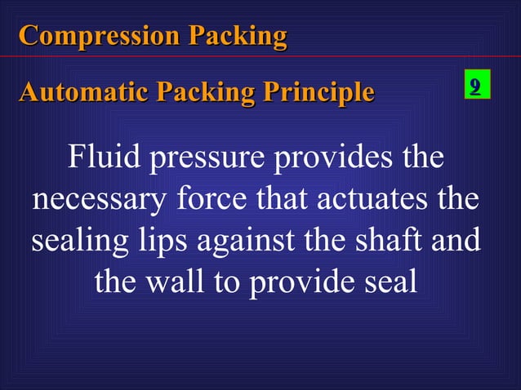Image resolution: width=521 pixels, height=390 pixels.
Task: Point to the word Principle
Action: (324, 92)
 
